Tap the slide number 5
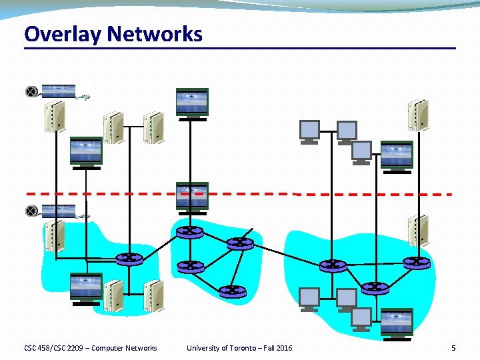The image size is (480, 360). click(453, 348)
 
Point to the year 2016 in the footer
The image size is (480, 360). click(283, 348)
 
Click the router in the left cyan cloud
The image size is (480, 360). click(128, 259)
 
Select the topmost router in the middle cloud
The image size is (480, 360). click(189, 232)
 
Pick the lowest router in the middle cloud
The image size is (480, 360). click(232, 291)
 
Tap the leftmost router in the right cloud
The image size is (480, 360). click(333, 265)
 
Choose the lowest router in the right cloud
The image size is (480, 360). click(375, 287)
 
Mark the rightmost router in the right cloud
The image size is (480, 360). click(417, 263)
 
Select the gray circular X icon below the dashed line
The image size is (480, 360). click(31, 211)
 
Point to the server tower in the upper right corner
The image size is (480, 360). click(418, 115)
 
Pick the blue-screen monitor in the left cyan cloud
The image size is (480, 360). click(86, 287)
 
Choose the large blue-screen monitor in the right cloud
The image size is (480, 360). click(397, 323)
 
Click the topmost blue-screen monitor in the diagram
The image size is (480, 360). click(192, 103)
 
